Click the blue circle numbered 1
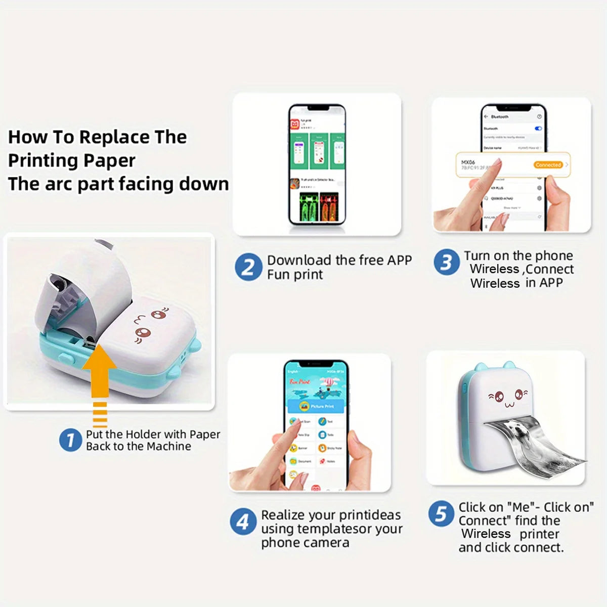point(70,440)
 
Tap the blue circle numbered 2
point(248,267)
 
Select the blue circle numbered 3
point(446,262)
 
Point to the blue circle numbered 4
point(243,521)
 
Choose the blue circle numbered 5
point(441,514)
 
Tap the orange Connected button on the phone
point(548,165)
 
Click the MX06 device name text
point(468,162)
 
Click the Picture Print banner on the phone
point(316,406)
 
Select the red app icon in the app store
point(294,123)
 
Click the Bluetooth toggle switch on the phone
point(538,128)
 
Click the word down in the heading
point(207,184)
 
